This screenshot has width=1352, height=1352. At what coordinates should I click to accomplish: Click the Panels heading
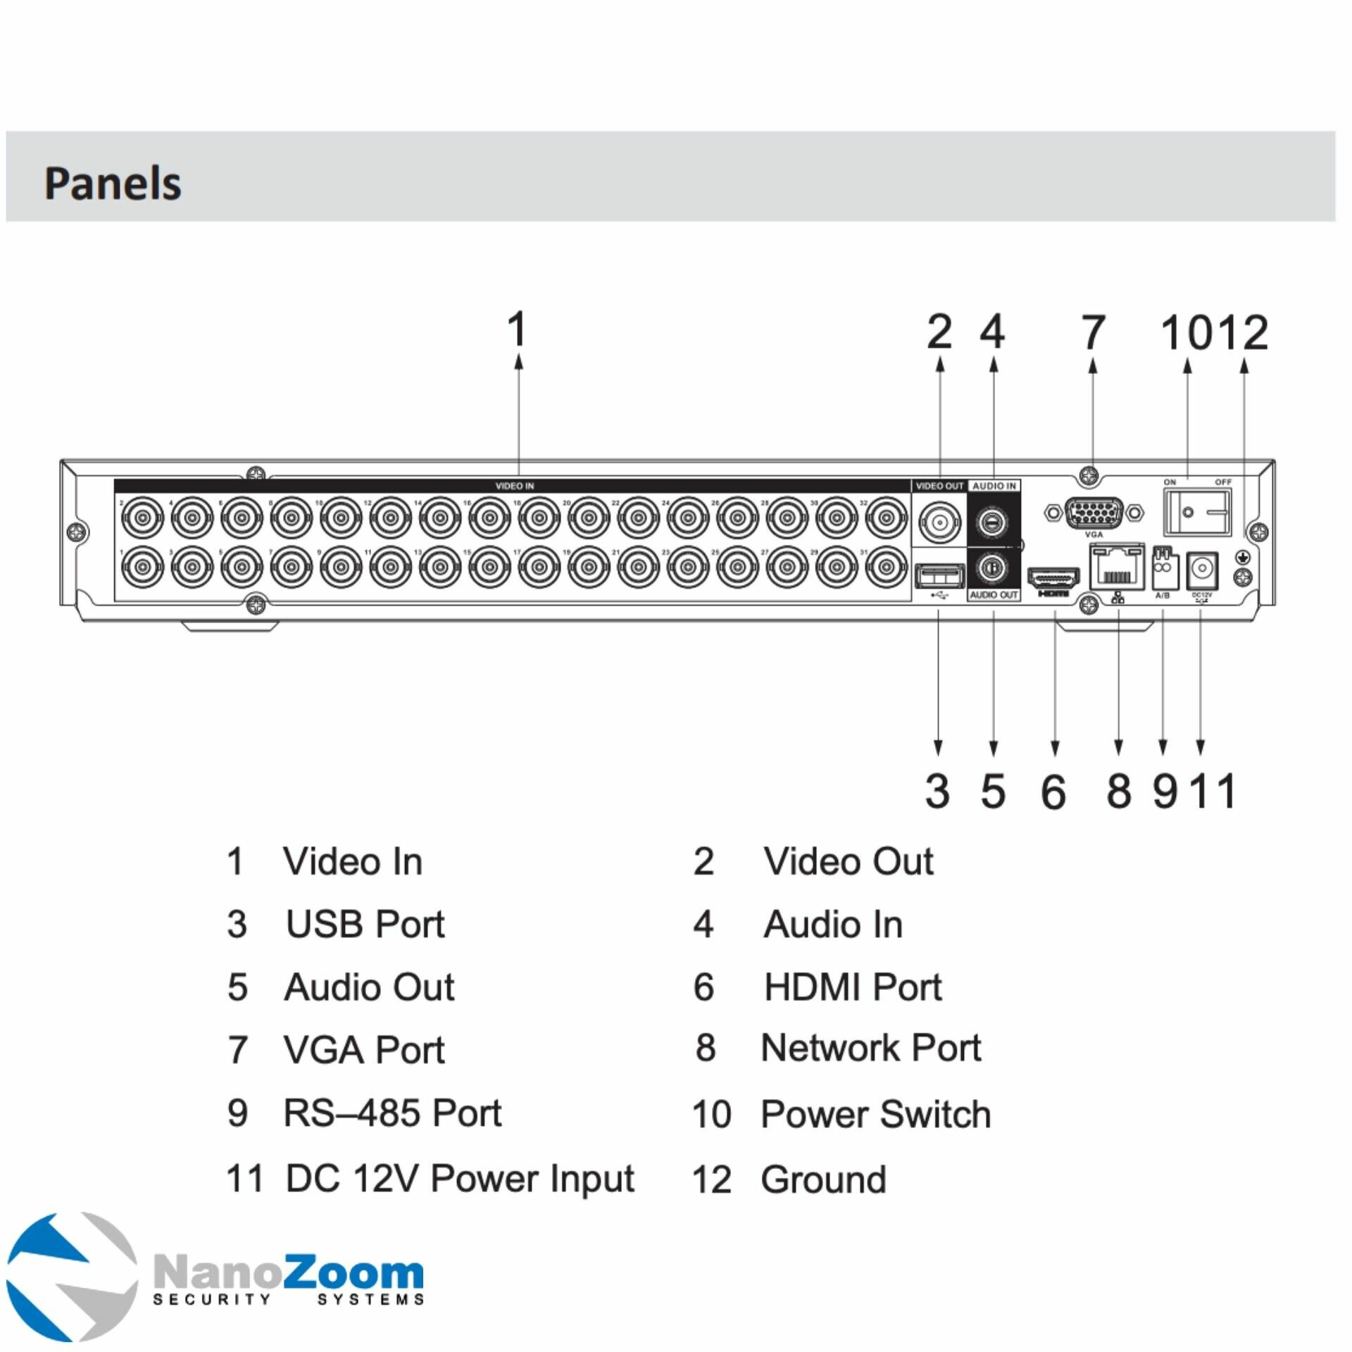coord(113,183)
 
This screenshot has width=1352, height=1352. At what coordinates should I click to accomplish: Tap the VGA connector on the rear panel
coord(1094,511)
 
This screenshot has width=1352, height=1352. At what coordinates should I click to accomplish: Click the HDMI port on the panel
coord(1054,578)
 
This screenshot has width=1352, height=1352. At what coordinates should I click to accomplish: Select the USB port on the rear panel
coord(939,576)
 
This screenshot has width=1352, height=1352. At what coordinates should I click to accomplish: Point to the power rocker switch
coord(1197,512)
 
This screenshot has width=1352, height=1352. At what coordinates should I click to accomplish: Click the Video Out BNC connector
coord(939,522)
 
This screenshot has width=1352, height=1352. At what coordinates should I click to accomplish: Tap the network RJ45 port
coord(1117,568)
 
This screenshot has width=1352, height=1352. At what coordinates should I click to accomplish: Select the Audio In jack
coord(993,522)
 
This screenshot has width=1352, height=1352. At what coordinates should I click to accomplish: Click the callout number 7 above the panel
coord(1093,332)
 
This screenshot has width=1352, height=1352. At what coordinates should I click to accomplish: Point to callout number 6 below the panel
coord(1053,791)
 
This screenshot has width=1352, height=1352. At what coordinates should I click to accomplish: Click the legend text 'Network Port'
coord(871,1048)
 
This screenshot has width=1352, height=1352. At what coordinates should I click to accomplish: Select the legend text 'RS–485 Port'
coord(392,1113)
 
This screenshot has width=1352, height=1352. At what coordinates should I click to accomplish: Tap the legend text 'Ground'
coord(823,1179)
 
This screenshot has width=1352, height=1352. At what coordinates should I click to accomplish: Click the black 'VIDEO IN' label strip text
coord(514,486)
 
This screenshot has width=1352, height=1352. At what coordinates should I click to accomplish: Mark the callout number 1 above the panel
coord(518,329)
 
